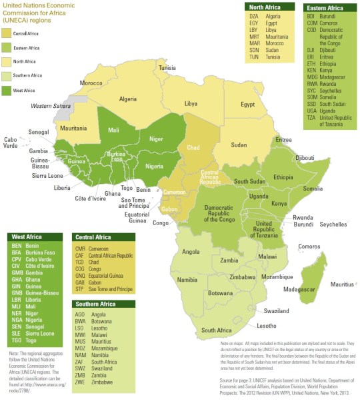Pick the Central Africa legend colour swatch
[x=7, y=32]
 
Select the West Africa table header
[x=26, y=236]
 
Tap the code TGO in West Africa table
[x=17, y=340]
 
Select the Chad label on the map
[x=193, y=147]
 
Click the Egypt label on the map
[x=248, y=105]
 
